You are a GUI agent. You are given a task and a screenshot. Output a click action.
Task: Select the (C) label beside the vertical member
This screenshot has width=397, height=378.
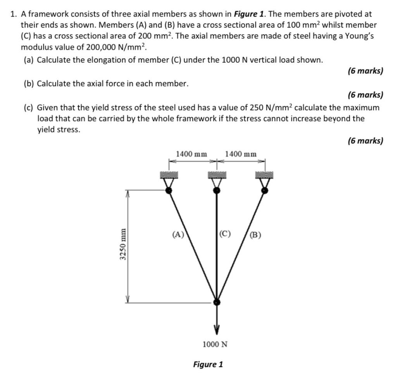[x=225, y=234]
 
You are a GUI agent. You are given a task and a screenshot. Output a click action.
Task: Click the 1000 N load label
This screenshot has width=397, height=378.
[x=216, y=344]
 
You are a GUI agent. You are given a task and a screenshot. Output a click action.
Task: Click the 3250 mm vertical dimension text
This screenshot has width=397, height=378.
[x=123, y=244]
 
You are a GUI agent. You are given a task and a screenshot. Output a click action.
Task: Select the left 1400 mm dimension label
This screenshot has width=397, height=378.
[x=192, y=154]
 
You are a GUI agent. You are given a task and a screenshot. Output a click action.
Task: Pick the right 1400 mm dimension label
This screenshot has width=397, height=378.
[x=240, y=154]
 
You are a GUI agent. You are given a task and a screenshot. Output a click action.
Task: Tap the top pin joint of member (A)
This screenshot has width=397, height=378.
[x=169, y=190]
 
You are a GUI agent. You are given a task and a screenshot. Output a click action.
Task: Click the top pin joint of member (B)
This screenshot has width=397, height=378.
[x=264, y=190]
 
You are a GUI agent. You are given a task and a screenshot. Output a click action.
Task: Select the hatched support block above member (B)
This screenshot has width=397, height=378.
[x=264, y=175]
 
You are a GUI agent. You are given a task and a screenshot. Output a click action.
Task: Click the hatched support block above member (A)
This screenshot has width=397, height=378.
[x=169, y=175]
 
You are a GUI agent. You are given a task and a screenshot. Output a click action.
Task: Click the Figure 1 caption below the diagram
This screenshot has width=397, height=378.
[x=208, y=364]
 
